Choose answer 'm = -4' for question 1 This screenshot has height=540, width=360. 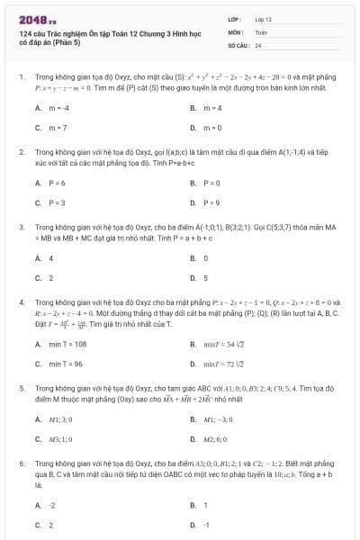click(x=58, y=108)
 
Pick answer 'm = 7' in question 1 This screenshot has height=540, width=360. click(x=57, y=128)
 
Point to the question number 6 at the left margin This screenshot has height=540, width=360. click(x=21, y=462)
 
